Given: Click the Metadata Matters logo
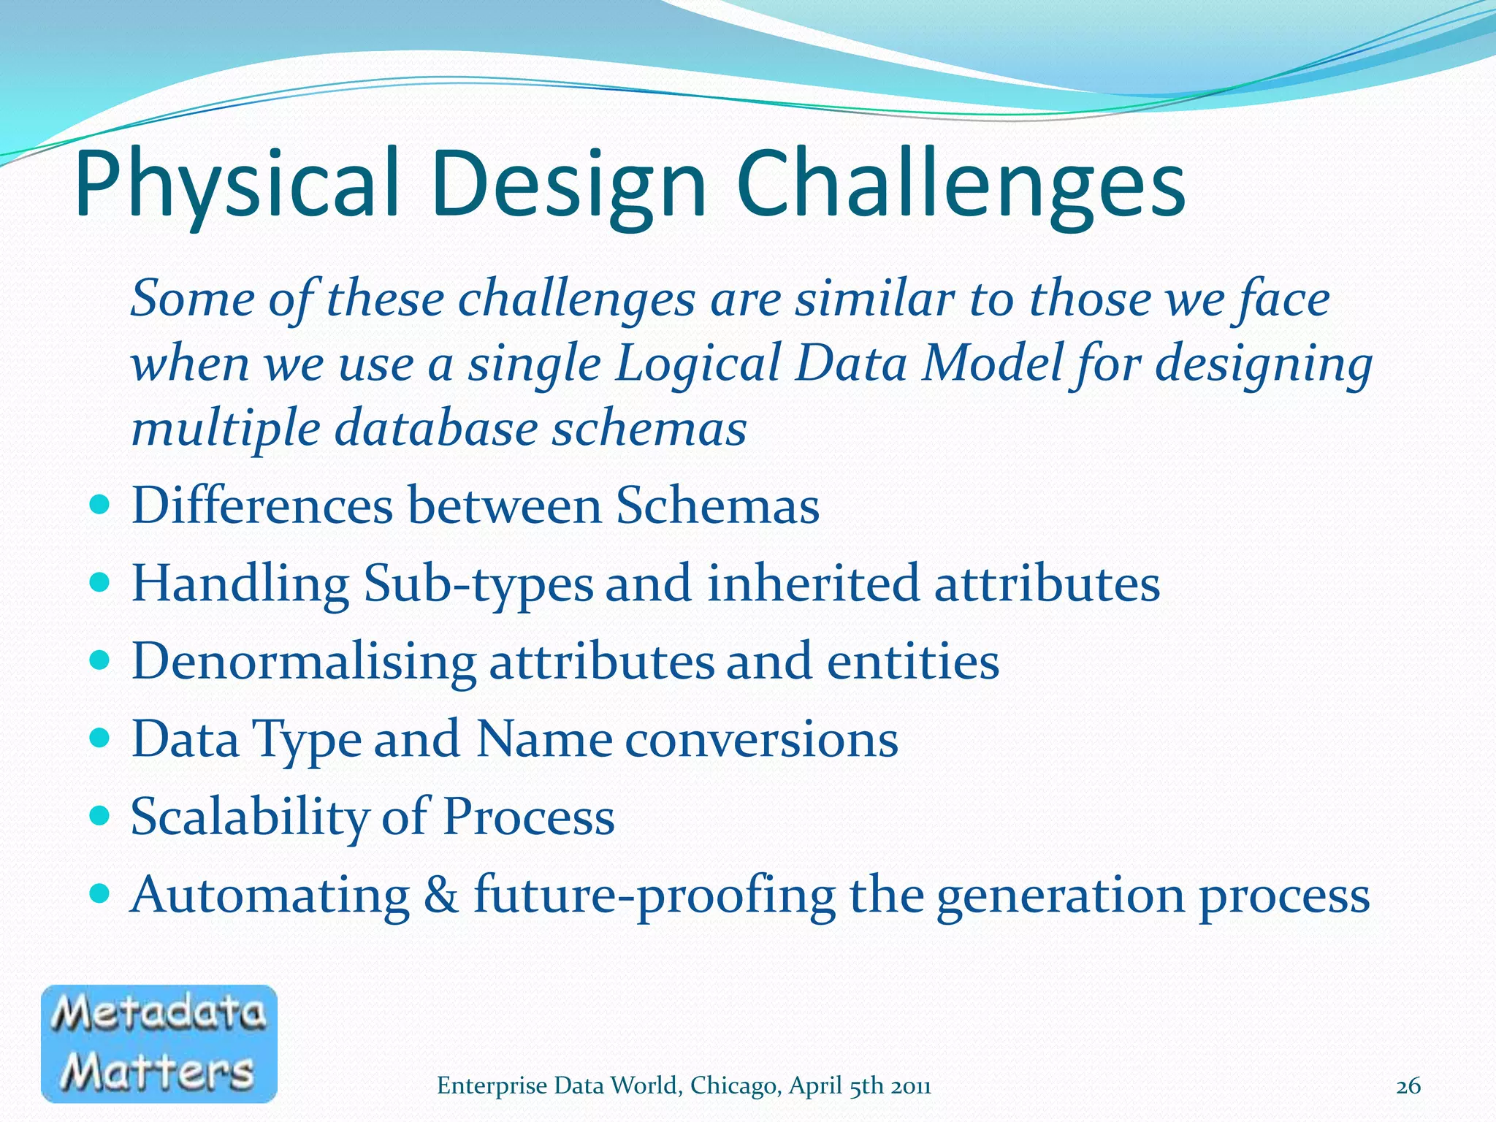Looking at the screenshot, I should click(x=159, y=1043).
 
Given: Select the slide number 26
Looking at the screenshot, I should click(x=1408, y=1086).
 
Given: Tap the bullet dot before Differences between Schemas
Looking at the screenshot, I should click(x=99, y=505).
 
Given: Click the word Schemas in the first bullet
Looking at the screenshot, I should click(x=717, y=505).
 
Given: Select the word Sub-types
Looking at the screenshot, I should click(x=478, y=584).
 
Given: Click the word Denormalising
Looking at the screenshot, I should click(x=304, y=661).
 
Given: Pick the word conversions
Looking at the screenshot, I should click(x=761, y=739).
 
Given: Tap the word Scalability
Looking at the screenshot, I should click(x=249, y=817).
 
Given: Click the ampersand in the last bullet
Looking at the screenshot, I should click(x=440, y=895).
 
